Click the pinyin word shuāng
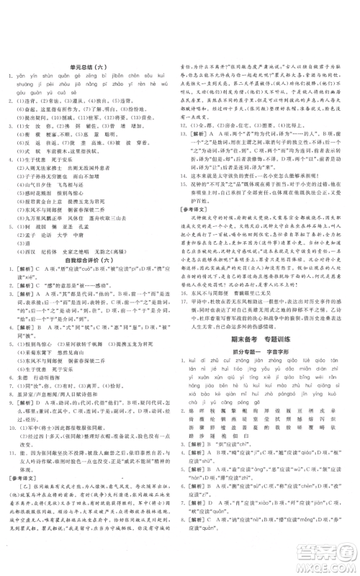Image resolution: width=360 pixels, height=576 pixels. click(14, 86)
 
